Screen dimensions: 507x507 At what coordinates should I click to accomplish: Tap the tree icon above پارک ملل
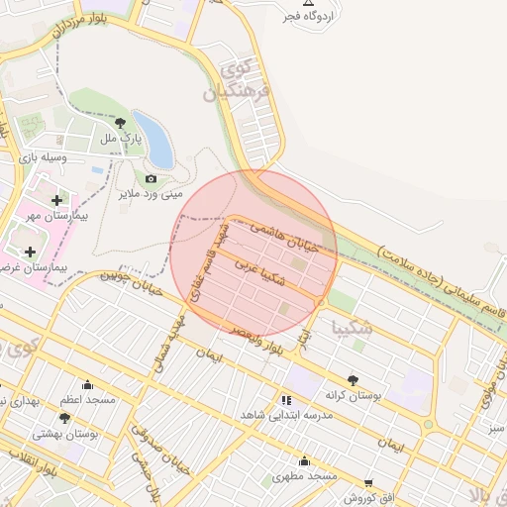click(121, 124)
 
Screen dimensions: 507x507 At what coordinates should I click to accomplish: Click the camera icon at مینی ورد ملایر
click(151, 178)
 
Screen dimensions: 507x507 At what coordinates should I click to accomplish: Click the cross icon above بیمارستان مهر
click(56, 201)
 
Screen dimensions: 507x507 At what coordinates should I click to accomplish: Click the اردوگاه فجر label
click(308, 16)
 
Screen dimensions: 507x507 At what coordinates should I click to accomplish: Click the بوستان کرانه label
click(354, 395)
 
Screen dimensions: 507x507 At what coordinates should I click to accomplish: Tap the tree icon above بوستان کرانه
click(353, 379)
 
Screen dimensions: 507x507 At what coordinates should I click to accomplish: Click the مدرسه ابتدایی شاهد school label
click(288, 416)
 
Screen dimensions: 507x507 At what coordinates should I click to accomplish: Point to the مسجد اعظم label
click(87, 400)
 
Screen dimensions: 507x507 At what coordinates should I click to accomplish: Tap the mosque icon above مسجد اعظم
click(87, 386)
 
